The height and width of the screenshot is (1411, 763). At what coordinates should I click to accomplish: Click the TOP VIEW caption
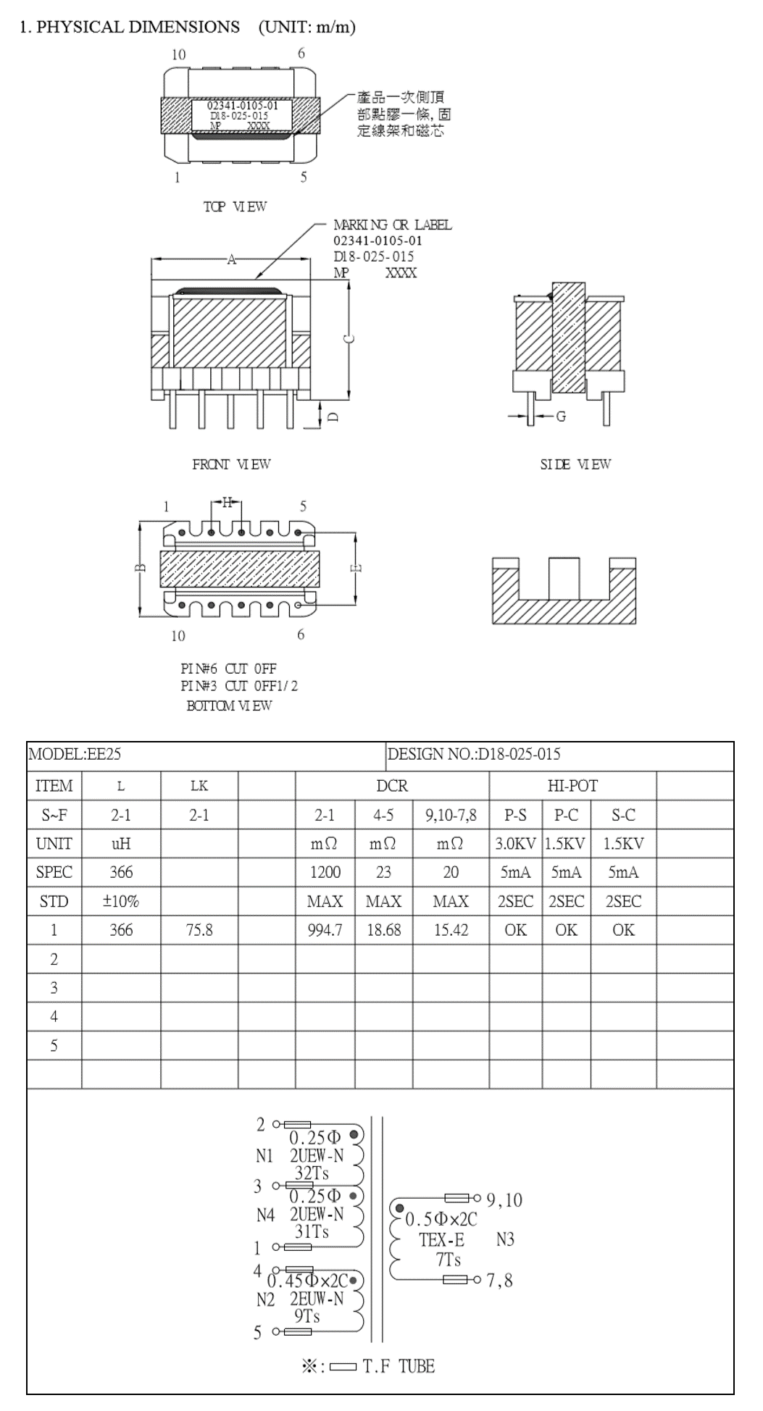click(235, 206)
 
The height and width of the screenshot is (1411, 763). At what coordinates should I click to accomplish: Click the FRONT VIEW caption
click(231, 464)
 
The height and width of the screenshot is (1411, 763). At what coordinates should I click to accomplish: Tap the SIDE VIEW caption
click(575, 464)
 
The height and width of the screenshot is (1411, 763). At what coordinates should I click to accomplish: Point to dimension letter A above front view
click(232, 259)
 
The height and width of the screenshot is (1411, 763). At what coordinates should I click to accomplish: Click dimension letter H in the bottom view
click(227, 502)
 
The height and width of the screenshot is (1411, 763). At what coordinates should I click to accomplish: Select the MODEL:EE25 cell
click(75, 754)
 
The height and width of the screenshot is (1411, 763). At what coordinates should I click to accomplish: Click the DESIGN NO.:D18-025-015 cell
click(474, 754)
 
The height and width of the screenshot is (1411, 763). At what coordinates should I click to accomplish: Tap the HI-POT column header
click(572, 786)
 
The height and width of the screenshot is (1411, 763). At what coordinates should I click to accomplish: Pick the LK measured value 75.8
click(199, 930)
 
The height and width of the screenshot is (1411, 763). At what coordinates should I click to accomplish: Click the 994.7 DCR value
click(325, 930)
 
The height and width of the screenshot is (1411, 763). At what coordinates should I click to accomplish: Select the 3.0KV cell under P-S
click(515, 844)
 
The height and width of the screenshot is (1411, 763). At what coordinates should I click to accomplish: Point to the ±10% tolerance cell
click(121, 901)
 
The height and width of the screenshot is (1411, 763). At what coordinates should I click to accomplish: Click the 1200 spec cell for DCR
click(325, 872)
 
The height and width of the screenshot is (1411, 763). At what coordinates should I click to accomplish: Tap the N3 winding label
click(505, 1239)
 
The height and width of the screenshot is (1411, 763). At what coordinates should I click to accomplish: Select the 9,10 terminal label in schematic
click(504, 1200)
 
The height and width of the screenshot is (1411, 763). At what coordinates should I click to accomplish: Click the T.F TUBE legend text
click(399, 1366)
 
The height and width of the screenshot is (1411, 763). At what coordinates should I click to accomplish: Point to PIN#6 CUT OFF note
click(228, 668)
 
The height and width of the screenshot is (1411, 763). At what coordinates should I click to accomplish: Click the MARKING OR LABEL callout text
click(392, 225)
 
